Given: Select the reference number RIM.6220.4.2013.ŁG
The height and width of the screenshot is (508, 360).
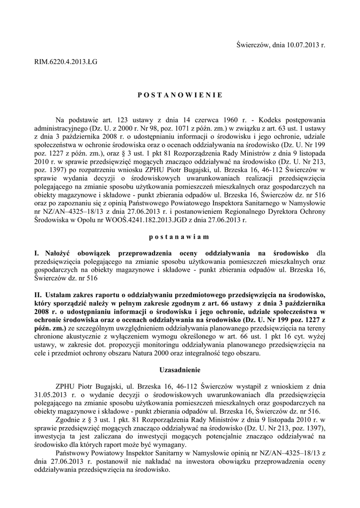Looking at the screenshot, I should coord(66,63).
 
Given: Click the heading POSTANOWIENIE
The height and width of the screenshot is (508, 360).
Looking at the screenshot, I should coord(180,94).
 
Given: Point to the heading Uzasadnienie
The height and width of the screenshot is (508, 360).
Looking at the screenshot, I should coord(180,370).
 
